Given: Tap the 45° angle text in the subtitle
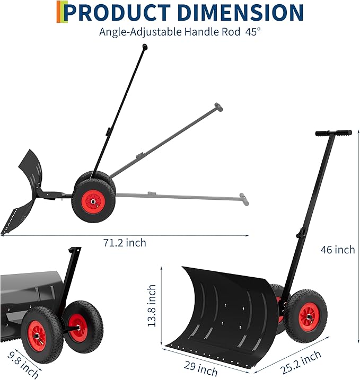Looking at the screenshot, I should click(253, 32).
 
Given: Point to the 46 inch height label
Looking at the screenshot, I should click(338, 249).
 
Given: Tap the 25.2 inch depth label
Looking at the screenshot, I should click(300, 363).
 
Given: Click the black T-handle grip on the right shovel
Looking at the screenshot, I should click(333, 133).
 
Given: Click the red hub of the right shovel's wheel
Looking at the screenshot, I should click(308, 316).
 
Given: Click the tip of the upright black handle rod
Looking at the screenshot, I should click(145, 47).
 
